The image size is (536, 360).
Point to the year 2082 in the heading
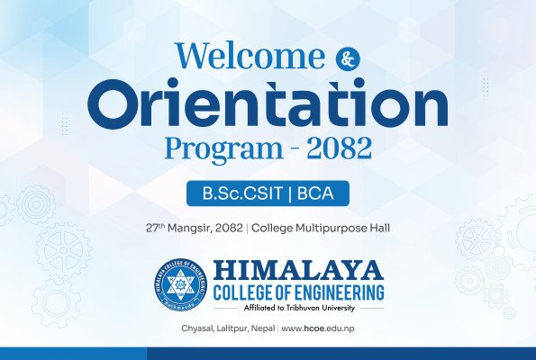pyautogui.click(x=339, y=147)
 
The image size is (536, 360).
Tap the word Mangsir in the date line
pyautogui.click(x=193, y=228)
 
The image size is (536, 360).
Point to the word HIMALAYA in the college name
pyautogui.click(x=299, y=271)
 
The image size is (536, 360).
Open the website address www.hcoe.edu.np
pyautogui.click(x=318, y=329)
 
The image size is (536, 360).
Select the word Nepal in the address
pyautogui.click(x=268, y=329)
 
